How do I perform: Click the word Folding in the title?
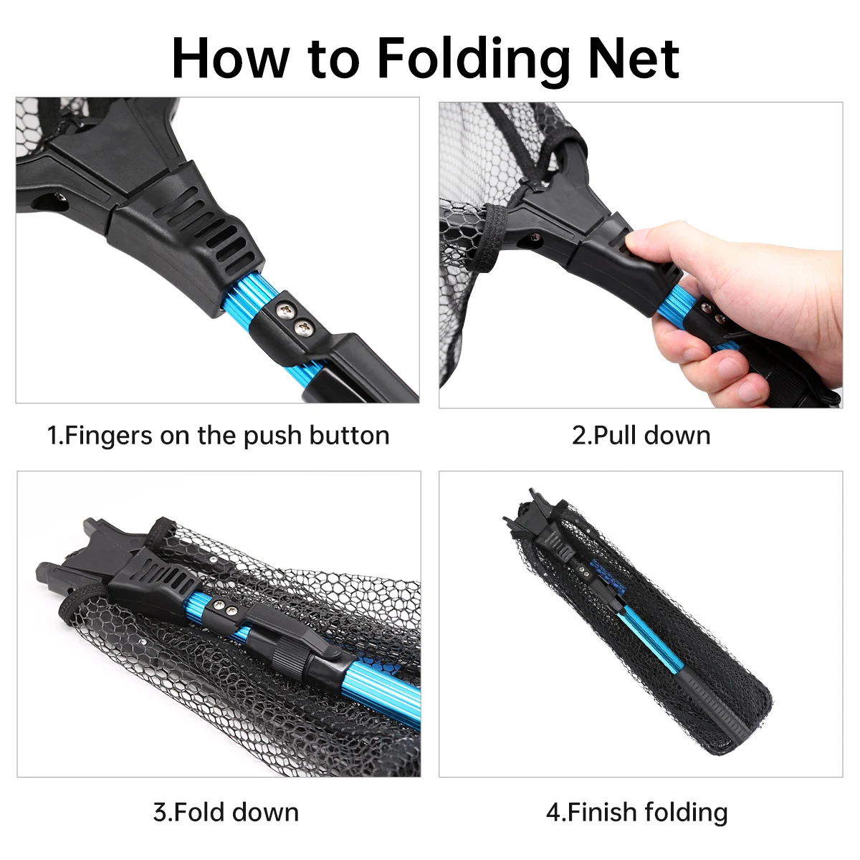(x=473, y=59)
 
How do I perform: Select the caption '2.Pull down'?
(x=641, y=436)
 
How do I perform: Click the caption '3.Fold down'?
(x=226, y=812)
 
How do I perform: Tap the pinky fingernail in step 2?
(x=747, y=391)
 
